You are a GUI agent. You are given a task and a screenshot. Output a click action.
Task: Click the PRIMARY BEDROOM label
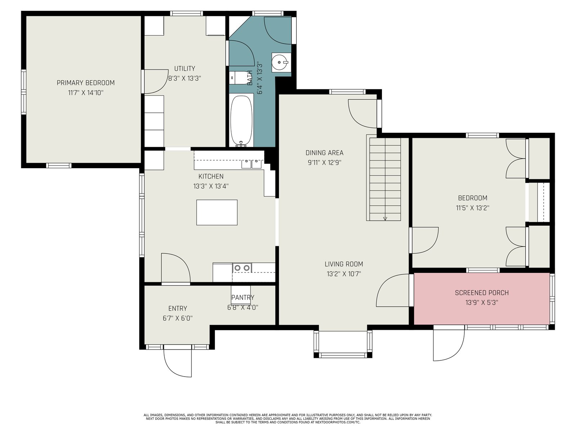point(86,83)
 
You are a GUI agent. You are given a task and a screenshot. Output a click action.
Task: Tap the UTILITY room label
point(184,68)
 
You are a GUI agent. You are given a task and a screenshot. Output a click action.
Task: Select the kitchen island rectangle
point(217,212)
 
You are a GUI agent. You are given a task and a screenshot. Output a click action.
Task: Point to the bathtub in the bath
point(241,120)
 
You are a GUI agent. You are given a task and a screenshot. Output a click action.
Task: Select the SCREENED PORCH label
point(482,293)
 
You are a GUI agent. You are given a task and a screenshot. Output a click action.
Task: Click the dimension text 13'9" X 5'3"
point(482,303)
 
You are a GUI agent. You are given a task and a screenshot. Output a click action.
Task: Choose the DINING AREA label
point(324,153)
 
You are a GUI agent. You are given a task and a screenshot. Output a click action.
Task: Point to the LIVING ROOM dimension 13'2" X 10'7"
point(344,274)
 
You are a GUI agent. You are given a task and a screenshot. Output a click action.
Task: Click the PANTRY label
point(243,297)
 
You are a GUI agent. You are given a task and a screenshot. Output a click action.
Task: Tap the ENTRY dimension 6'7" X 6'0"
point(177,318)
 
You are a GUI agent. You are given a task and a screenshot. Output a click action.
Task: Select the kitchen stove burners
point(242,267)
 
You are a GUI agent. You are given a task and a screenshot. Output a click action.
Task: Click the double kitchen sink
point(251,164)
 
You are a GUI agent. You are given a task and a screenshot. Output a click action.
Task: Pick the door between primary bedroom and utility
point(156,81)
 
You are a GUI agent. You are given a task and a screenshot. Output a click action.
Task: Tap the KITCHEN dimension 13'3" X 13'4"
point(211,186)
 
